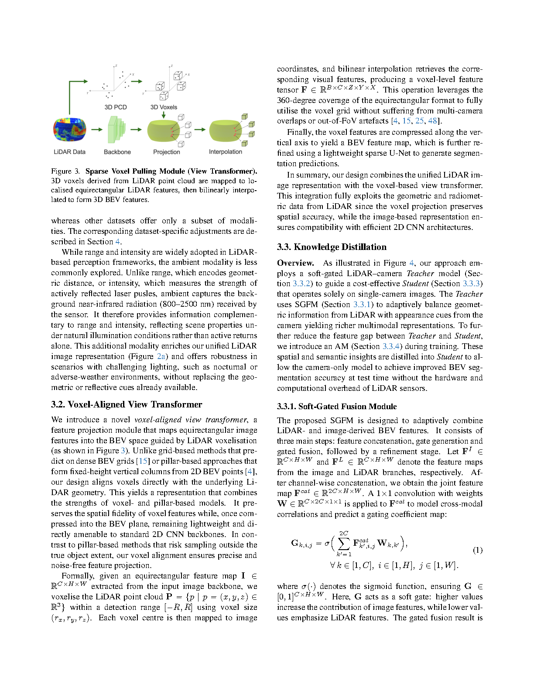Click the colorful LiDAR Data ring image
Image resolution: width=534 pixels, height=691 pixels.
tap(69, 130)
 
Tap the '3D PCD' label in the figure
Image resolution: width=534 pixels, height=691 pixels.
tap(116, 107)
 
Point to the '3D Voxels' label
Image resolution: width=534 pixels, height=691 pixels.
tap(164, 107)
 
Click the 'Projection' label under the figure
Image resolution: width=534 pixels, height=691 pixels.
tap(166, 152)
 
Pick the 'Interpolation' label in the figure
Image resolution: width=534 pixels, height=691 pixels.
tap(225, 152)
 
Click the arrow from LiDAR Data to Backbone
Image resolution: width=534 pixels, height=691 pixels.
tap(97, 130)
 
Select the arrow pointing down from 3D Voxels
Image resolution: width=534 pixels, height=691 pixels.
tap(164, 115)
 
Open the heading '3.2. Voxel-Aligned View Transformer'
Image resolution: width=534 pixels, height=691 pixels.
tap(127, 404)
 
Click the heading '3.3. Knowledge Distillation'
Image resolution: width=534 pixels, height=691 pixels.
tap(332, 247)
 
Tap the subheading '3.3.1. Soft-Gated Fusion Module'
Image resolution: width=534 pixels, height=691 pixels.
tap(337, 407)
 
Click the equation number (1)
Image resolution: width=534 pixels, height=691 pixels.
tap(478, 550)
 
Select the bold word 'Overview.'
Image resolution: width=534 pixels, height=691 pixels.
tap(295, 263)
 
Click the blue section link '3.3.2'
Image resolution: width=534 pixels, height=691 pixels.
tap(301, 284)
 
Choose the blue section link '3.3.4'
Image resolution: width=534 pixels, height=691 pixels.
tap(391, 346)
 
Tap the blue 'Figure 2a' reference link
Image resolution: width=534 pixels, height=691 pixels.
tap(161, 356)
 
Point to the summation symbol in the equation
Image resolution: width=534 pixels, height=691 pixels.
tap(344, 544)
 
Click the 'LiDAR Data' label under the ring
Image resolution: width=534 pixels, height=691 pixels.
tap(69, 152)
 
